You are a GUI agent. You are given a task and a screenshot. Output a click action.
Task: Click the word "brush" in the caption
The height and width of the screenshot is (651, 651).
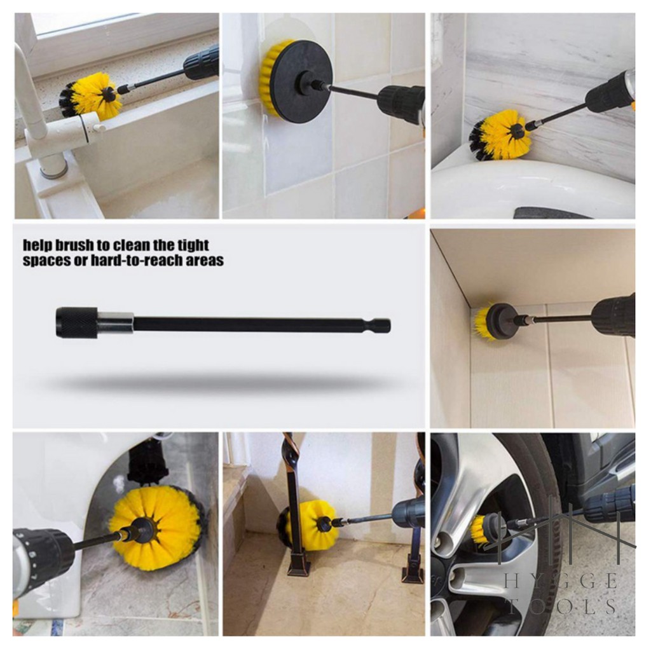click(74, 245)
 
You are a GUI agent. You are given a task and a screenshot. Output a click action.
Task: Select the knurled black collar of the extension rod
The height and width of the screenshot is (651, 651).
click(77, 322)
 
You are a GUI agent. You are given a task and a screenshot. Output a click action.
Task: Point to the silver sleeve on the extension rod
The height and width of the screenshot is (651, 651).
click(116, 323)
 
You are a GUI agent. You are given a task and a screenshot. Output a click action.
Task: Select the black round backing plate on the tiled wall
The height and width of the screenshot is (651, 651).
click(300, 81)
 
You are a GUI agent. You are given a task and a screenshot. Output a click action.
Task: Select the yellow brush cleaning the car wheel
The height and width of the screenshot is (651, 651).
click(482, 531)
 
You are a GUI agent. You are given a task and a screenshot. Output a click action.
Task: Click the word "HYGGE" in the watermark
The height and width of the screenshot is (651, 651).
click(561, 582)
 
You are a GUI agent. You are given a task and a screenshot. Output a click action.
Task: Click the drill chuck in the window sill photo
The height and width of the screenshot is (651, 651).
click(201, 62)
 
